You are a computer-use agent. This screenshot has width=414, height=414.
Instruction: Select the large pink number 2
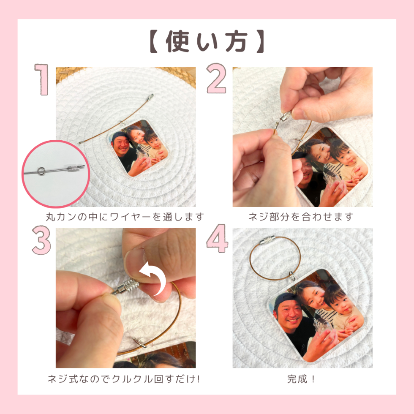[x=217, y=80]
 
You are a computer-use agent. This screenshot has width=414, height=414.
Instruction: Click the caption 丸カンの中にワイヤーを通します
[x=125, y=217]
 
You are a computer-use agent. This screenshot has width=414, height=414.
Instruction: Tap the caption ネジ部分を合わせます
[x=301, y=217]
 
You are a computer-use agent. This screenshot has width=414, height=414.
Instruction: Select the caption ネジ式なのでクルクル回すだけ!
[x=123, y=379]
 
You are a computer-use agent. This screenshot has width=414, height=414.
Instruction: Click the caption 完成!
[x=301, y=379]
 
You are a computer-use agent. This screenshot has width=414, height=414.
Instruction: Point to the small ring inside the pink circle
[x=41, y=171]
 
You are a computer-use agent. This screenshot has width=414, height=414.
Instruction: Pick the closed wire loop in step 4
[x=275, y=259]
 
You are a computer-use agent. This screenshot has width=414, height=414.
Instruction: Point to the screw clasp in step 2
[x=286, y=115]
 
